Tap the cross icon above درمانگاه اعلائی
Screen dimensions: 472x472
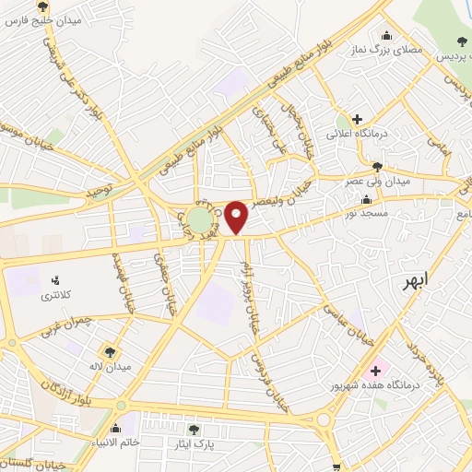point(357,118)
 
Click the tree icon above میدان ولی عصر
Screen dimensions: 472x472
point(377,166)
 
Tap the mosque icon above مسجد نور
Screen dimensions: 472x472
point(368,199)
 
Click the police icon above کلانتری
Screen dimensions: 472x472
point(54,279)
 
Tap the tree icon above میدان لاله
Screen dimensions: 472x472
point(110,351)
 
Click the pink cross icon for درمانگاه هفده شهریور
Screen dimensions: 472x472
point(375,371)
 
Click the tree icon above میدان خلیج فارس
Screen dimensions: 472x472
point(41,6)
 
